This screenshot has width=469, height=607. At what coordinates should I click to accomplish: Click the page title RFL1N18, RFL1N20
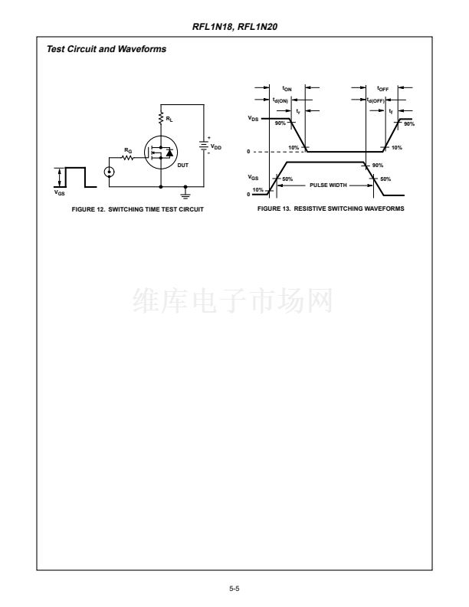click(235, 27)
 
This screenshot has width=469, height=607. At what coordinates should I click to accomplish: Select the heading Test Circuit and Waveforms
click(107, 49)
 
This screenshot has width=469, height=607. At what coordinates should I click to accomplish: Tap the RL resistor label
click(169, 119)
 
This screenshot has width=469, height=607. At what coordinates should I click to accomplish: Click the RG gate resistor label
click(128, 149)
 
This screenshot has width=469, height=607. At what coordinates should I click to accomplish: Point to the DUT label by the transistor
click(182, 165)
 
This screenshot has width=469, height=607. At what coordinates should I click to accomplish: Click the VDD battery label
click(216, 147)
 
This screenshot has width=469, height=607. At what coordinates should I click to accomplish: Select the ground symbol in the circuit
click(185, 192)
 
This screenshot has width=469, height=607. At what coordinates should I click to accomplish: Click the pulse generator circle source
click(109, 171)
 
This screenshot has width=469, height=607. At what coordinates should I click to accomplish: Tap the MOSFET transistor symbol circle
click(161, 153)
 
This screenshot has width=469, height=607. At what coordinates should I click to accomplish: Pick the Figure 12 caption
click(137, 209)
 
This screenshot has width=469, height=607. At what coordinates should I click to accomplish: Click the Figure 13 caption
click(331, 208)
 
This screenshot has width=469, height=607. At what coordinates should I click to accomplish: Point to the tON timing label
click(287, 89)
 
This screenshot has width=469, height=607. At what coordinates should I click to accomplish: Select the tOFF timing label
click(382, 89)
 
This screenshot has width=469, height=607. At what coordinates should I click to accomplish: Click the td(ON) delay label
click(280, 100)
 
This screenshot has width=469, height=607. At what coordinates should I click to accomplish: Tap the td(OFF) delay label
click(376, 100)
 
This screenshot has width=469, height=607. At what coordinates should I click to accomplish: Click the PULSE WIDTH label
click(328, 185)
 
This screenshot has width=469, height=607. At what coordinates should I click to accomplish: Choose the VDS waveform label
click(253, 119)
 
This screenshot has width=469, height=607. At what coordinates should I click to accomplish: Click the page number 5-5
click(234, 589)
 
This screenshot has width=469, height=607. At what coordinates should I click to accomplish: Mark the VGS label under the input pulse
click(59, 192)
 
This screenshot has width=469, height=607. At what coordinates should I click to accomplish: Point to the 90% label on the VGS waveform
click(378, 166)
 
